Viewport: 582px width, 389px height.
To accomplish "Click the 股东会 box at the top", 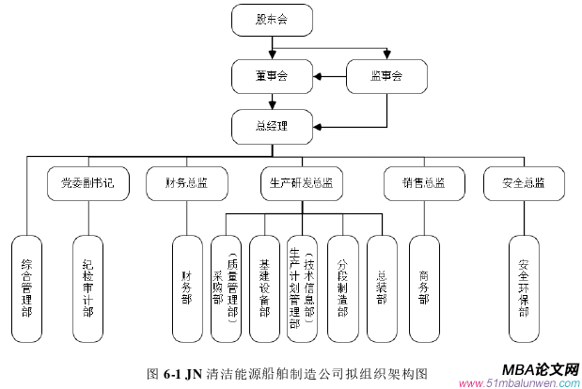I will coord(272,19).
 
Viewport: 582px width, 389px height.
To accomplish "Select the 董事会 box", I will coord(272,75).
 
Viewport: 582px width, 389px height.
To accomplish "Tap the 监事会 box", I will coord(386,75).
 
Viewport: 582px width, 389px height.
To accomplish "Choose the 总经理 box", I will coord(272,124).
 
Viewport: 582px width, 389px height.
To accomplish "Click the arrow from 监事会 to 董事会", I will coord(329,76).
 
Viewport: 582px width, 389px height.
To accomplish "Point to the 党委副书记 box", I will coord(87,183).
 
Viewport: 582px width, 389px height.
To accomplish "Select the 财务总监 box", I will coord(186,183).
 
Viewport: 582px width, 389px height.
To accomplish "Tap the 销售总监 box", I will coord(422,183).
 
